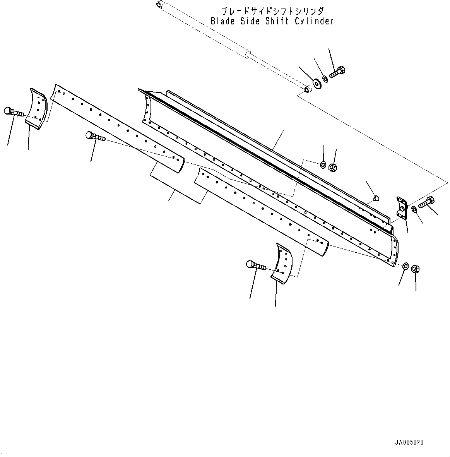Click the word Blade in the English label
tap(222, 21)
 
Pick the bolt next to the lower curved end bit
tap(255, 266)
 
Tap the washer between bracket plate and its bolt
tap(414, 209)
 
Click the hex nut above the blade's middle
tap(332, 168)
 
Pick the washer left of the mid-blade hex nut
tap(323, 165)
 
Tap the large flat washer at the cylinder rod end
tap(318, 83)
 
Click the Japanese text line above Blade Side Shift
tap(272, 11)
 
